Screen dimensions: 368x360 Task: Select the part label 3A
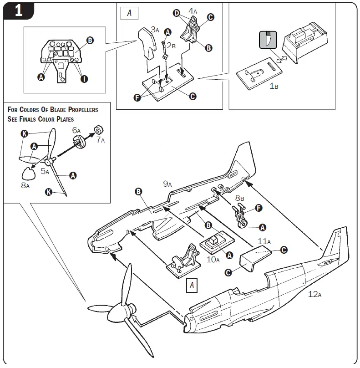[x=155, y=31]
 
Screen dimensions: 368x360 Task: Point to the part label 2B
[x=171, y=45]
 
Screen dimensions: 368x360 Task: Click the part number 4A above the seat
[x=193, y=10]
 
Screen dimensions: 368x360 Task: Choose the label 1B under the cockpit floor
[x=274, y=86]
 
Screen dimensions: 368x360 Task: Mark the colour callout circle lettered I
[x=84, y=79]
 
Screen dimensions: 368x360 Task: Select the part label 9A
[x=167, y=184]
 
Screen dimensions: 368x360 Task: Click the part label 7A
[x=100, y=140]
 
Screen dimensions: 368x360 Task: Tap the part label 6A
[x=77, y=130]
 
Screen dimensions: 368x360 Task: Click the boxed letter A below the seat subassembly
[x=192, y=286]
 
